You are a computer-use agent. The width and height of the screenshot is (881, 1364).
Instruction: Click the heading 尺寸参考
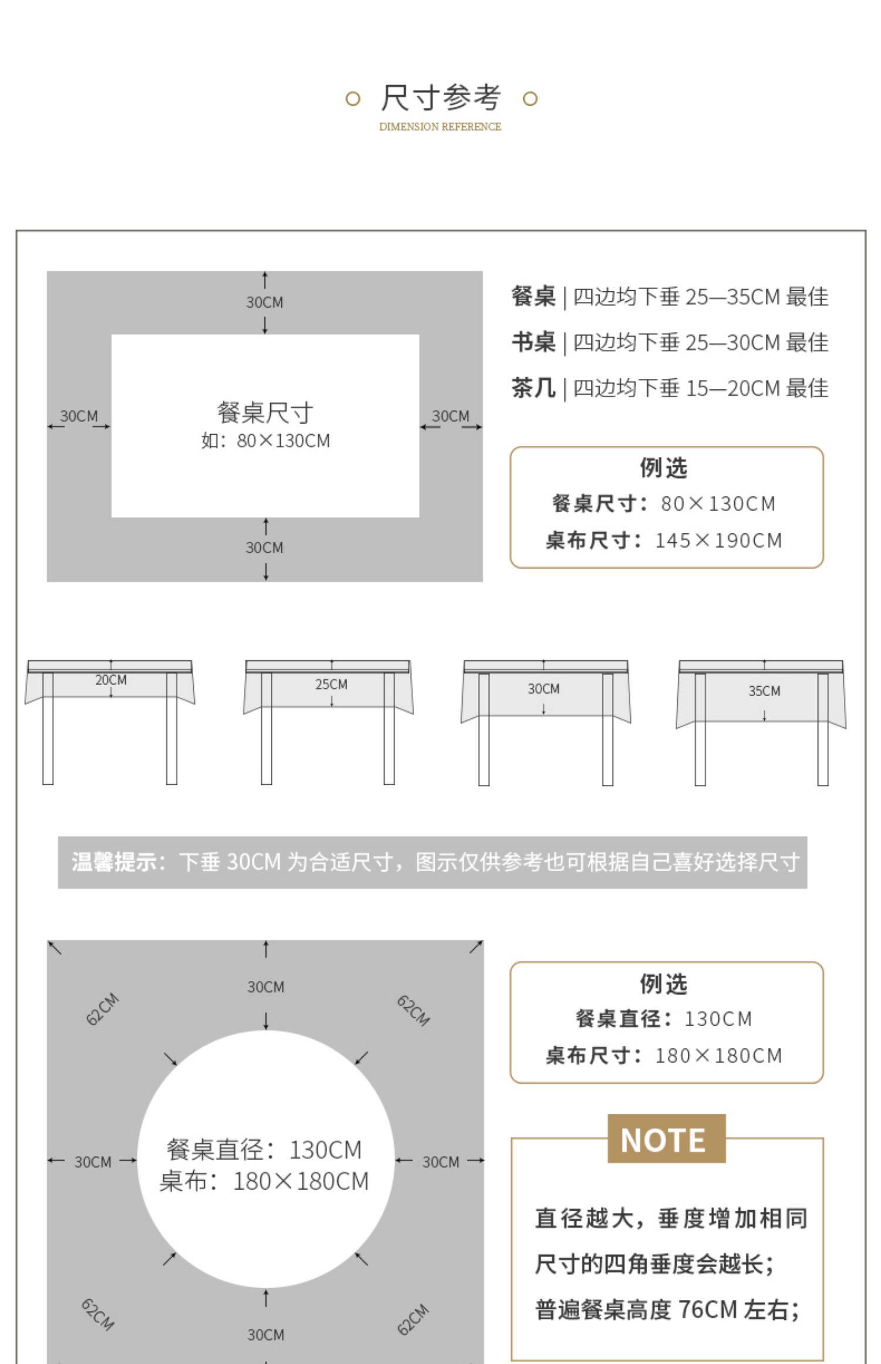tap(441, 98)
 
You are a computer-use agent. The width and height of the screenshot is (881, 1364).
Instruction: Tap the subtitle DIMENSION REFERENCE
tap(440, 127)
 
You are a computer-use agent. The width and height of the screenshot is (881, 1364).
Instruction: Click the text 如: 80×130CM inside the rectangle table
tap(265, 441)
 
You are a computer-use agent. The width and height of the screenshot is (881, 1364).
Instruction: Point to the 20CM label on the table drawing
tap(111, 680)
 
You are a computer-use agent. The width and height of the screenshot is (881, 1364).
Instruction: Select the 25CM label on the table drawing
tap(331, 684)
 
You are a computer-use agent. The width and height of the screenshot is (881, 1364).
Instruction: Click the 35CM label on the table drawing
tap(764, 691)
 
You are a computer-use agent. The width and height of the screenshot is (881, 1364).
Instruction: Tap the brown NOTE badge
tap(666, 1140)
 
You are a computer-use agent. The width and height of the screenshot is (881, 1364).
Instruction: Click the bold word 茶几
tap(533, 388)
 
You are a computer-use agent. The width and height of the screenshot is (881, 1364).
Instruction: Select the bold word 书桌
tap(533, 342)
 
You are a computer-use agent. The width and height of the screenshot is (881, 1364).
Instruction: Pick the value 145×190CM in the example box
tap(718, 540)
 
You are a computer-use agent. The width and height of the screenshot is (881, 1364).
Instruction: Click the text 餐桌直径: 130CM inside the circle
tap(264, 1150)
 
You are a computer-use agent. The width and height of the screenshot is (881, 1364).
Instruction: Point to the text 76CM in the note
tap(707, 1310)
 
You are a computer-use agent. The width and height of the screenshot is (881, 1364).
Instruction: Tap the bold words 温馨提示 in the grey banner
tap(113, 862)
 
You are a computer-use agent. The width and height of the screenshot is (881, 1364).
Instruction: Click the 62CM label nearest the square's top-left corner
tap(102, 1009)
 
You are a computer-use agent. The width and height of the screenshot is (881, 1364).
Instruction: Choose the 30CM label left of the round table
tap(93, 1162)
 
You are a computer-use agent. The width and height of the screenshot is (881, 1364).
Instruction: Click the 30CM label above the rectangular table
tap(264, 303)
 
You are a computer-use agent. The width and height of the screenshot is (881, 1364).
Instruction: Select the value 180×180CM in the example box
tap(718, 1056)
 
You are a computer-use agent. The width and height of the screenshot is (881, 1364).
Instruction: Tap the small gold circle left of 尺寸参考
tap(352, 99)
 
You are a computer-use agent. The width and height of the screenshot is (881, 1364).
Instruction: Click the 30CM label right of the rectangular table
tap(450, 416)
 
